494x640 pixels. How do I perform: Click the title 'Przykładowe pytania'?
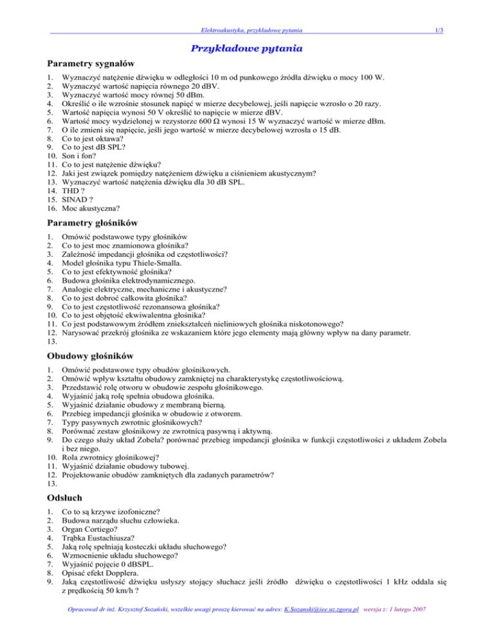(247, 48)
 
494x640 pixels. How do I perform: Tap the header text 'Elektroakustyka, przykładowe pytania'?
(252, 29)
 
